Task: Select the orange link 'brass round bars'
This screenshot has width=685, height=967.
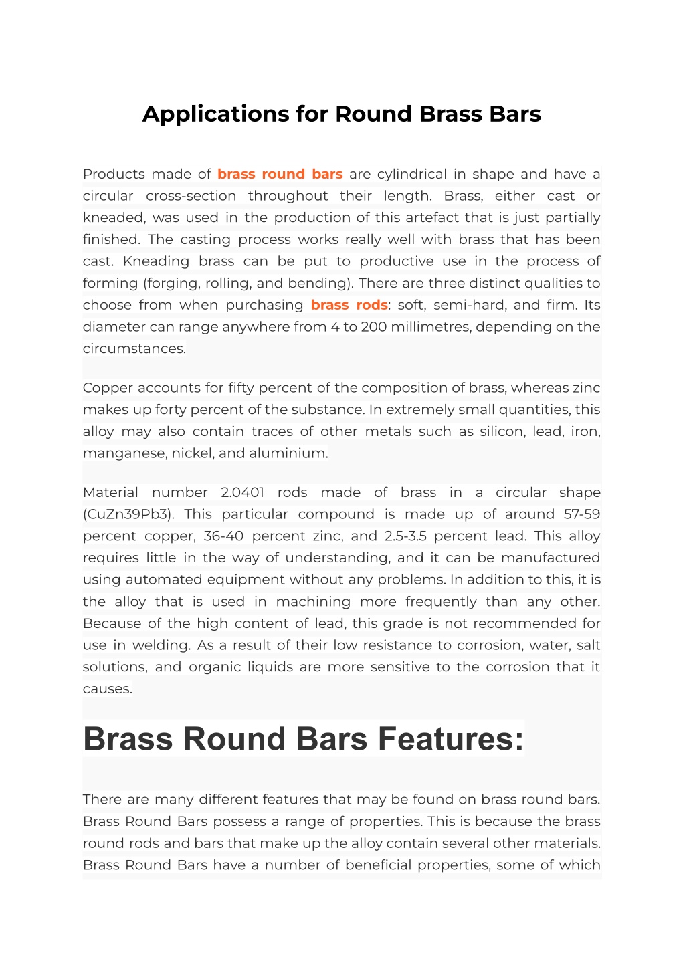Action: pyautogui.click(x=280, y=174)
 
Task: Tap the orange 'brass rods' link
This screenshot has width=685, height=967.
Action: pyautogui.click(x=349, y=305)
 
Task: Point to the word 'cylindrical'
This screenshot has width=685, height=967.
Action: pyautogui.click(x=411, y=174)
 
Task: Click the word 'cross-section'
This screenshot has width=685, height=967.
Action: pyautogui.click(x=191, y=196)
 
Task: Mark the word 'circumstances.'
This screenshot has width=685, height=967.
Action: pyautogui.click(x=134, y=348)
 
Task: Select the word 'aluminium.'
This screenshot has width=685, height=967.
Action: pyautogui.click(x=288, y=453)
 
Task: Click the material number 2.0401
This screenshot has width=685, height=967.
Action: pyautogui.click(x=242, y=492)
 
